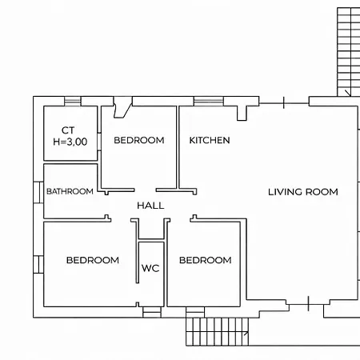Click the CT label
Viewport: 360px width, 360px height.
(x=68, y=130)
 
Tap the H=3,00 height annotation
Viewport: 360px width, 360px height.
(x=70, y=142)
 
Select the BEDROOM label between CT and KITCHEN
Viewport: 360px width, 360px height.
(x=139, y=140)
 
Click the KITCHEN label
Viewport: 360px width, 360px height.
(x=210, y=140)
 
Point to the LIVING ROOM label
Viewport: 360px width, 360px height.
(x=303, y=192)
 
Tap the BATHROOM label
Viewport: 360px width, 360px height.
(x=70, y=191)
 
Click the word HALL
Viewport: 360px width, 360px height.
(x=150, y=206)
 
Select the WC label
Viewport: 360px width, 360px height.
(x=150, y=268)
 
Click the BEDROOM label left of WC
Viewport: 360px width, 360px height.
(x=93, y=260)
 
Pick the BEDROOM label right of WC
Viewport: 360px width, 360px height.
(x=206, y=260)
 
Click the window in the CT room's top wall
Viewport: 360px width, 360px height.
(x=73, y=101)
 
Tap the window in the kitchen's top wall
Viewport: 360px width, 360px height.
(x=209, y=101)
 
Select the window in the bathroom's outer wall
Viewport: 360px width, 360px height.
(x=38, y=192)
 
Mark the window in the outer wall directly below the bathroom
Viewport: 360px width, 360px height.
(x=38, y=265)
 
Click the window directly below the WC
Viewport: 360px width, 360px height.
(x=152, y=312)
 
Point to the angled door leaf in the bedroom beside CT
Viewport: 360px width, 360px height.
(x=122, y=107)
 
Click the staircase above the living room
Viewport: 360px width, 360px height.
(x=349, y=52)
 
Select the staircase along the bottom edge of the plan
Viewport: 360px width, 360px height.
(x=217, y=332)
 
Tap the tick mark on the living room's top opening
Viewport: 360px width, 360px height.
(x=283, y=103)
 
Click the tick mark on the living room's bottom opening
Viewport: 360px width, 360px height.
(x=308, y=303)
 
